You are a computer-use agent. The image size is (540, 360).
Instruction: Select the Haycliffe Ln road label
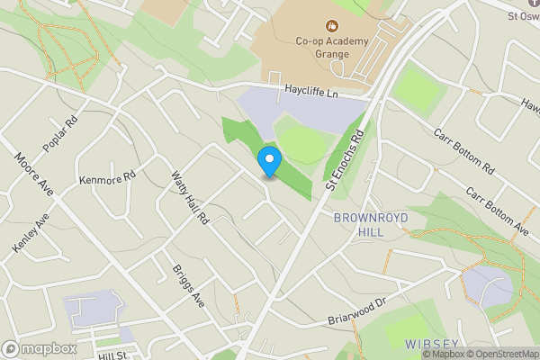tap(310, 91)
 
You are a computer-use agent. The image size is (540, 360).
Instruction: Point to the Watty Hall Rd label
tap(189, 197)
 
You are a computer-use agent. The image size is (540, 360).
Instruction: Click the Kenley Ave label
tap(29, 233)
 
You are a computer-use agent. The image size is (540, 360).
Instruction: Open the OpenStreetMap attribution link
tap(502, 354)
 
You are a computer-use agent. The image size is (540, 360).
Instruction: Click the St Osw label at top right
tap(524, 15)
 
